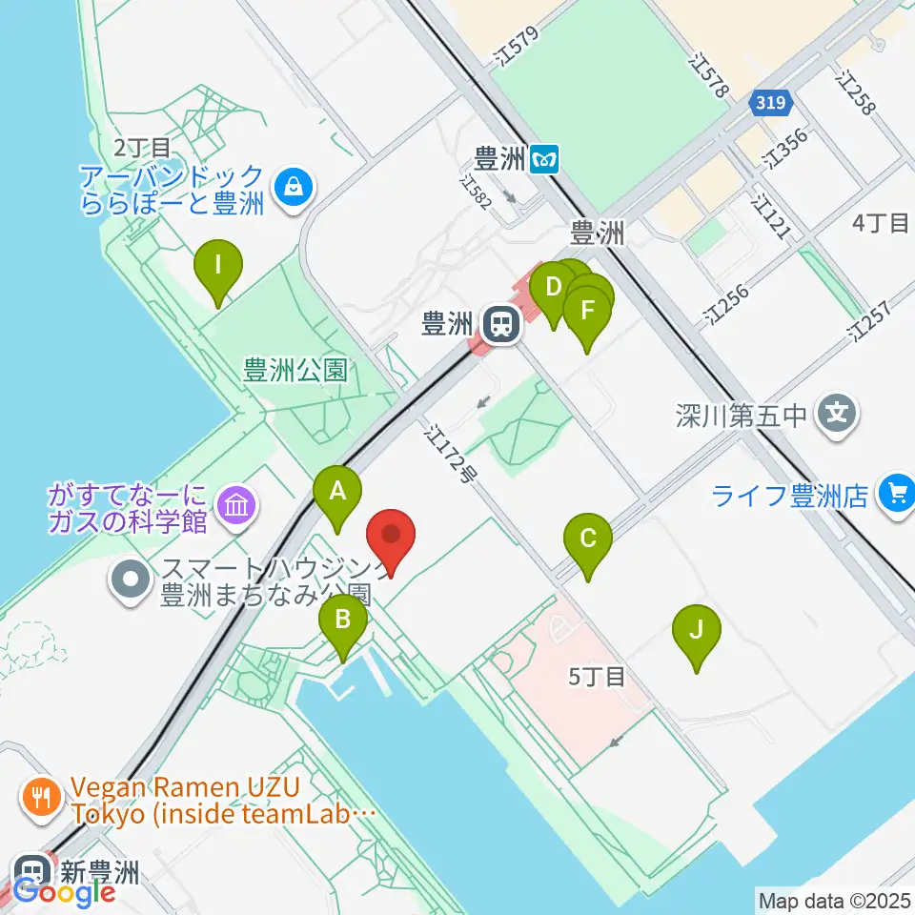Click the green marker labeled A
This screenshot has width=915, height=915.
pyautogui.click(x=337, y=492)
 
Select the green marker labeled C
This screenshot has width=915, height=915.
pyautogui.click(x=588, y=539)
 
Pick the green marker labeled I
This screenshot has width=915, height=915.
pyautogui.click(x=218, y=265)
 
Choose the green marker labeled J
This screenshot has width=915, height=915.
pyautogui.click(x=697, y=631)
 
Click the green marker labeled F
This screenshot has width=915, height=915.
pyautogui.click(x=586, y=312)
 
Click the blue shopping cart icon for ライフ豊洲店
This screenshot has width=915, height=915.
pyautogui.click(x=896, y=494)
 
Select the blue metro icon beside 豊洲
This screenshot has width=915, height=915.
pyautogui.click(x=545, y=157)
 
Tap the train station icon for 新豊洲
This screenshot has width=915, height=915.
pyautogui.click(x=29, y=869)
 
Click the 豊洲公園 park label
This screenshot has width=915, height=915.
pyautogui.click(x=294, y=370)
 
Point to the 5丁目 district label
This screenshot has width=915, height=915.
pyautogui.click(x=597, y=677)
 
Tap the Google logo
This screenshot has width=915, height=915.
pyautogui.click(x=64, y=893)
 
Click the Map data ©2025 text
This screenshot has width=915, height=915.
pyautogui.click(x=834, y=899)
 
